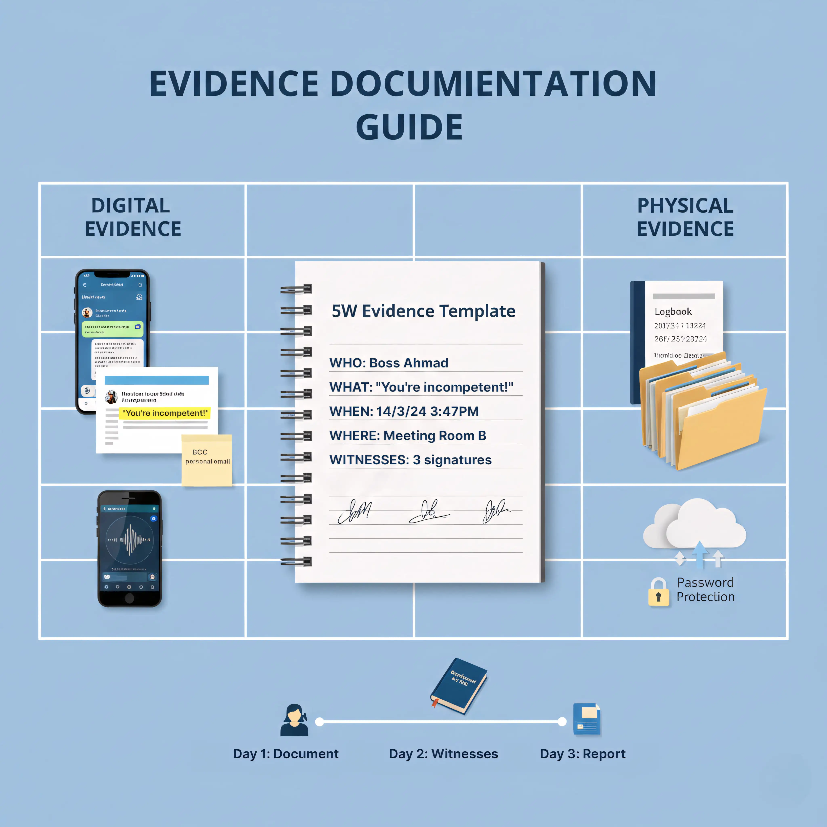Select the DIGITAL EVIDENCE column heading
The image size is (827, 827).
pos(133,217)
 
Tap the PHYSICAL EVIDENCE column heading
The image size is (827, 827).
pos(685,217)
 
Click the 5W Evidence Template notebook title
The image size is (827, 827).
pos(423,311)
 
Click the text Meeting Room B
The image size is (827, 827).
pos(434,436)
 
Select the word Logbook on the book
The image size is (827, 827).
pos(673,312)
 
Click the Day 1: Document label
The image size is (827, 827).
pos(285,754)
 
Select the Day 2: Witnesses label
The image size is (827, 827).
pos(443,754)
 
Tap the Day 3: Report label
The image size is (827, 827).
pos(582,754)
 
